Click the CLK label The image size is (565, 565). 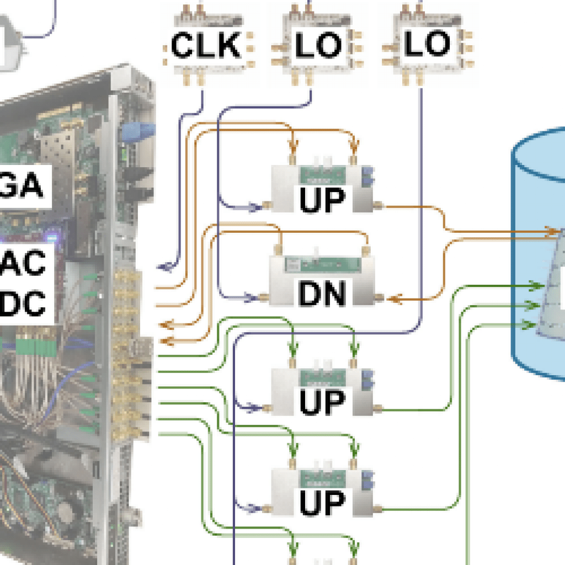point(205,45)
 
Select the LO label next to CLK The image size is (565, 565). point(319,45)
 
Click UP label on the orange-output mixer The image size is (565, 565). point(322,200)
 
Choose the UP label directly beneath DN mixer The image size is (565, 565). point(322,401)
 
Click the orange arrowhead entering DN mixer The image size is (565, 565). point(393,299)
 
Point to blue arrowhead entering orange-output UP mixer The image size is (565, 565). point(253,207)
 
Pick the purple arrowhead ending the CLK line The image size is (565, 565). point(164,267)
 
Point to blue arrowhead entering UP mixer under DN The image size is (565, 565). point(253,409)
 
